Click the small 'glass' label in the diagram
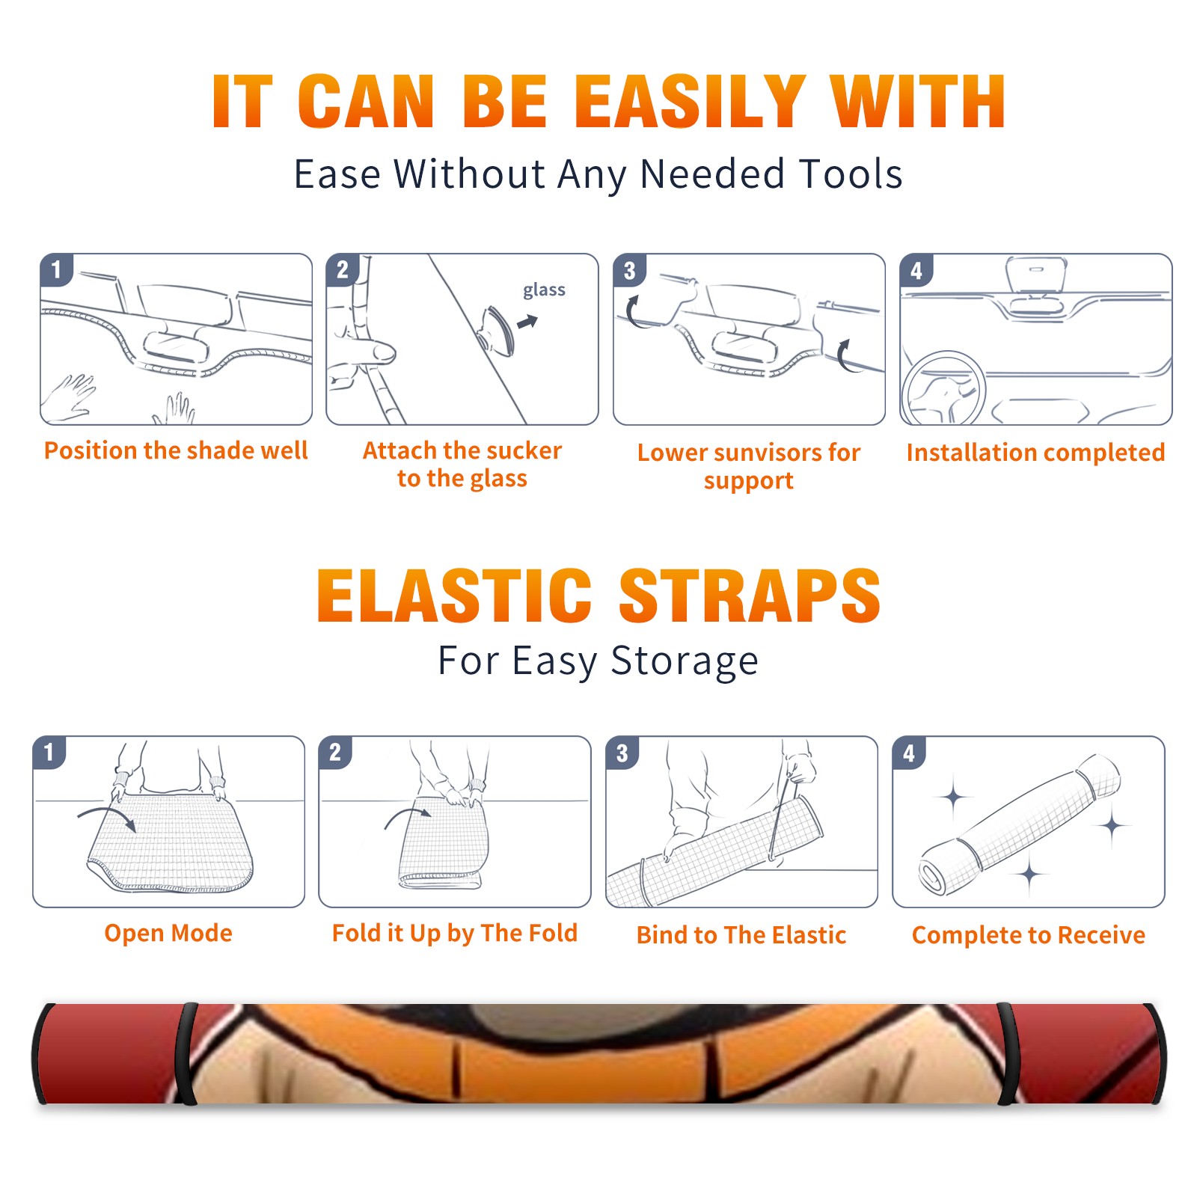[544, 290]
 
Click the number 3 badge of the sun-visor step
[629, 270]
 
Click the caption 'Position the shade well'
[176, 450]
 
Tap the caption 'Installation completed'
[1035, 452]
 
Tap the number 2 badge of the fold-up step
[334, 752]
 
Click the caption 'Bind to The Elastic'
[741, 934]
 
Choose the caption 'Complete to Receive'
[1029, 935]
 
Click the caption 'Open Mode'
[168, 933]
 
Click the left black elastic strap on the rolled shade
[186, 1053]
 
